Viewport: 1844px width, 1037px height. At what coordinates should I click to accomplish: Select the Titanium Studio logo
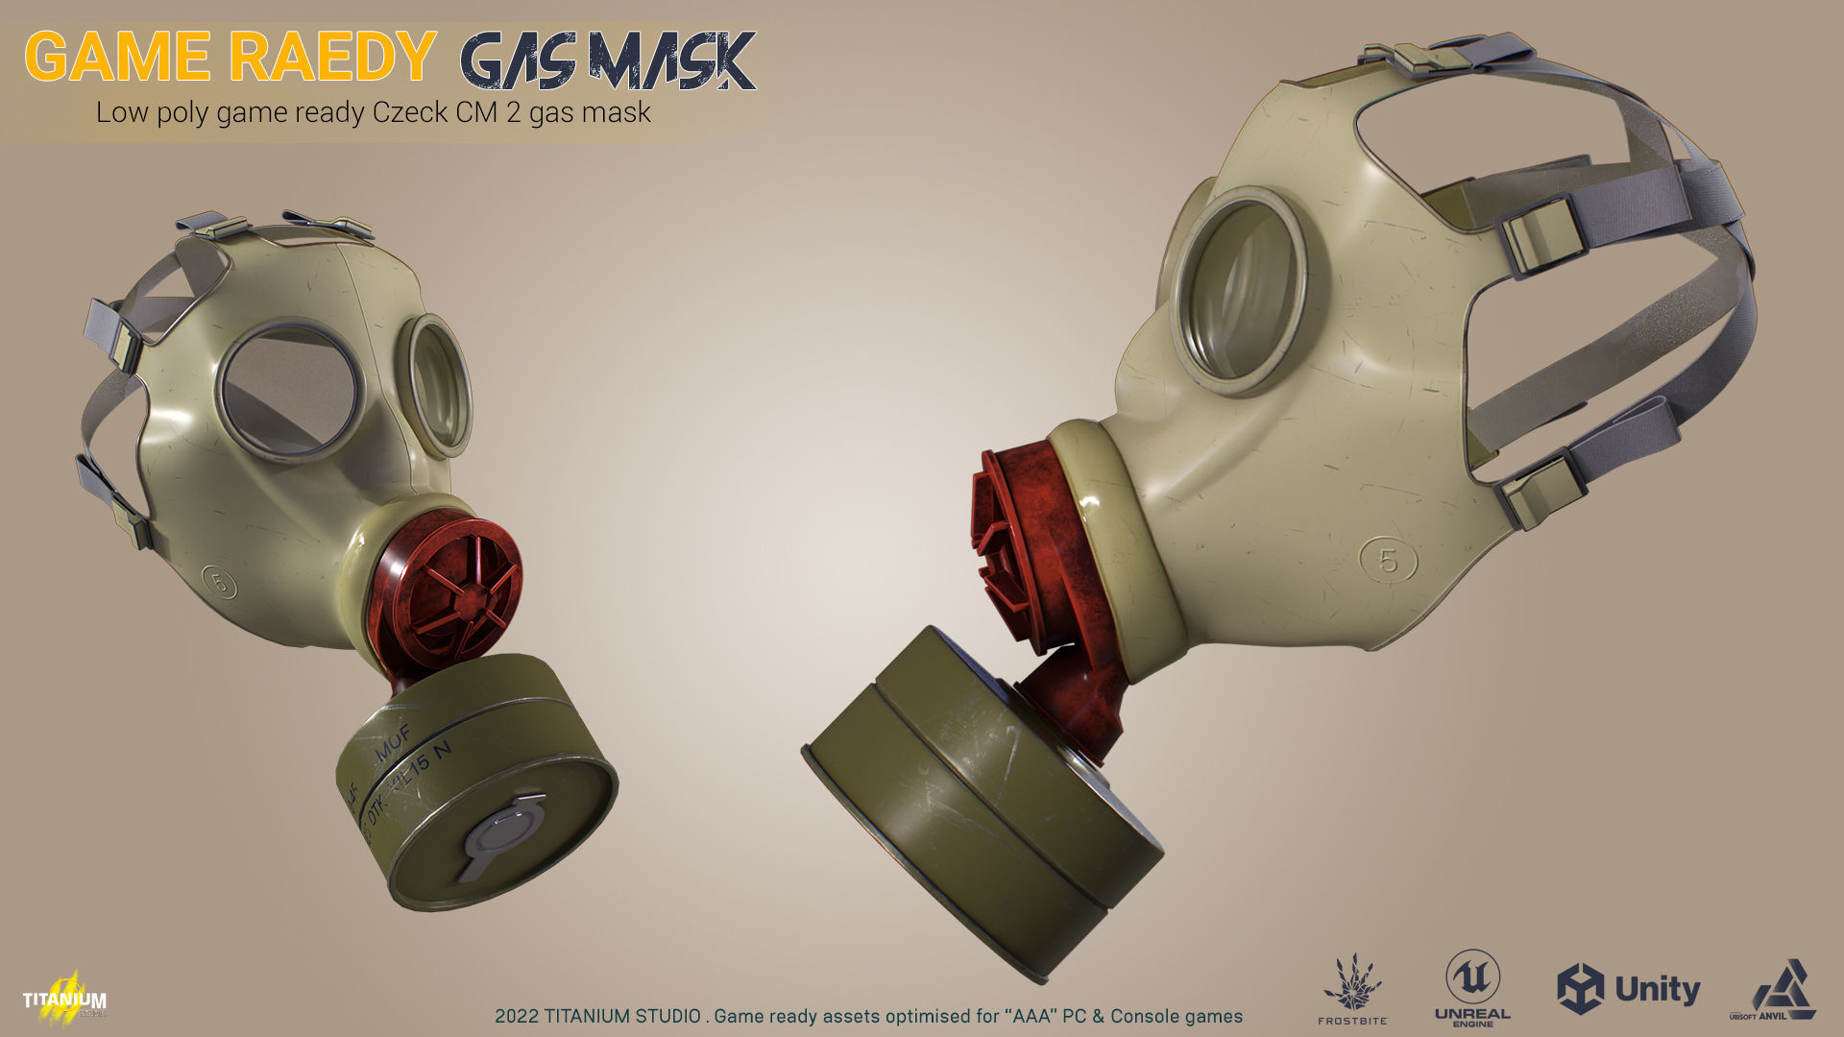coord(64,997)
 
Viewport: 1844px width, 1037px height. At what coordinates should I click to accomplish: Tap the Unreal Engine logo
coord(1472,988)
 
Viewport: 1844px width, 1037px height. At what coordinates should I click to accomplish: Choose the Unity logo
coord(1628,989)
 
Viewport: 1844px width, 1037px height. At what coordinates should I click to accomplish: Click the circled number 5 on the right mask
coord(1389,560)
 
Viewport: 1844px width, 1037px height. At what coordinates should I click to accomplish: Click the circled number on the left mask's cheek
coord(219,582)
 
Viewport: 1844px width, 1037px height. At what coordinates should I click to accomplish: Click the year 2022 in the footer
coord(516,1016)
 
